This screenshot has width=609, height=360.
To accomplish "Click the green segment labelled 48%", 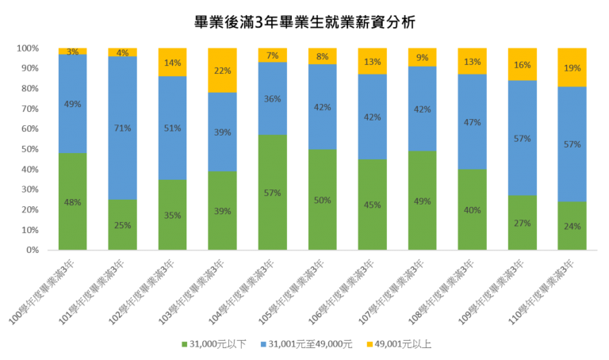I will (x=72, y=201).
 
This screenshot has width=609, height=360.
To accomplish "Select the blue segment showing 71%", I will (x=122, y=128).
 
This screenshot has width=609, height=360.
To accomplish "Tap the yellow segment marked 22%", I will (x=222, y=70).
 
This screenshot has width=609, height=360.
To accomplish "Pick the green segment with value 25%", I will (x=122, y=224).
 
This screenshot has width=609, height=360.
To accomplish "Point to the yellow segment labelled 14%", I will (x=172, y=62).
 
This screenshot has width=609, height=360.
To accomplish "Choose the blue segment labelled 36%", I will (x=272, y=98).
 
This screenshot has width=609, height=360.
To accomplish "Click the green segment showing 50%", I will (x=322, y=200).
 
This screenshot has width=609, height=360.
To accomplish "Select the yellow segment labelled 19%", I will (x=572, y=67).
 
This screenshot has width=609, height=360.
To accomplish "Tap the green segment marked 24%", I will (x=572, y=226).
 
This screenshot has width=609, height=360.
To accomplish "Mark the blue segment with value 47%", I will (x=472, y=122).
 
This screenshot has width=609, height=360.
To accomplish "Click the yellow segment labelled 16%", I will (x=522, y=64).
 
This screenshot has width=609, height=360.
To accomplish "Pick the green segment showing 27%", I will (x=522, y=223).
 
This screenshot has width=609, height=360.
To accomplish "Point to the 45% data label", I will (x=372, y=205).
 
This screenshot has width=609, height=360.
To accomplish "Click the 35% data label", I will (x=172, y=216).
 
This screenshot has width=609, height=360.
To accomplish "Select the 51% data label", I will (x=172, y=128).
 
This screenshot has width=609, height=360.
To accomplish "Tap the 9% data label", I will (x=422, y=58).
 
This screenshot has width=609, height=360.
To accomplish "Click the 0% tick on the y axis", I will (x=32, y=250).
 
